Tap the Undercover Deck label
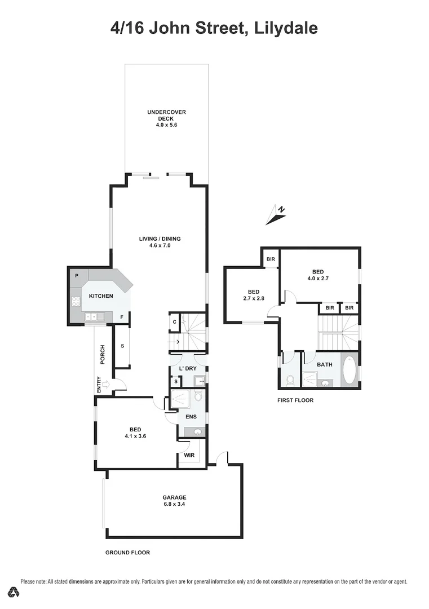click(166, 116)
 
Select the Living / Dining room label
click(160, 239)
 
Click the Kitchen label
click(101, 296)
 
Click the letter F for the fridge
click(121, 317)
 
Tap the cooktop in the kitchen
click(76, 301)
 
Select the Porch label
click(103, 354)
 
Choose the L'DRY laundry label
click(187, 368)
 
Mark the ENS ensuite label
click(191, 417)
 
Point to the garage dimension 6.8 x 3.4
click(174, 504)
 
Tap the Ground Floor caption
click(127, 553)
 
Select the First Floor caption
click(295, 400)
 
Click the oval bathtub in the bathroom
click(349, 370)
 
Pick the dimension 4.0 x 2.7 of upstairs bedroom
click(317, 278)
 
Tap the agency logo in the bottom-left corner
click(13, 592)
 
